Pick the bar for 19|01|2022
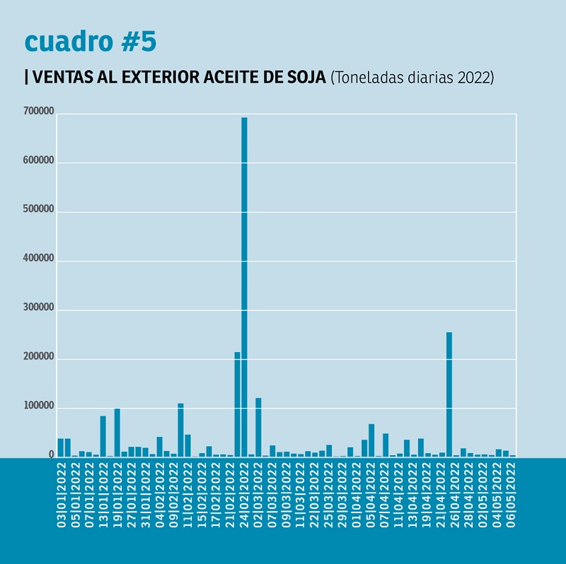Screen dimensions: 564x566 [117, 432]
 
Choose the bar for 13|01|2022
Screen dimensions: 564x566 [103, 435]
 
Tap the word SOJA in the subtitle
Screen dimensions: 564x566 [306, 78]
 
